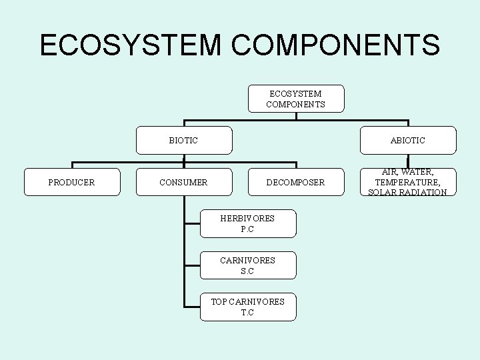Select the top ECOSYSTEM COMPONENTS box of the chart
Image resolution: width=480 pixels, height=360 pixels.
(x=296, y=99)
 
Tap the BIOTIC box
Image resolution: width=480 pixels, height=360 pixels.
(x=184, y=140)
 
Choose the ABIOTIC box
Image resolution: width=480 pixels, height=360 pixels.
(x=408, y=140)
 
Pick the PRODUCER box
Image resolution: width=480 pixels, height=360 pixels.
(x=72, y=182)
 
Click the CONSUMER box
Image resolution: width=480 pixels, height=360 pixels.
(x=184, y=182)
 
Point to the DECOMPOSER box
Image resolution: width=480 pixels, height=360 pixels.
(x=296, y=182)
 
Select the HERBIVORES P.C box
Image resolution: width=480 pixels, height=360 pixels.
(x=248, y=223)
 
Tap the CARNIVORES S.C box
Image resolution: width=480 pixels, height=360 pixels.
(x=248, y=265)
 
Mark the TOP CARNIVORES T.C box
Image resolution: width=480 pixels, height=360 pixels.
(x=248, y=307)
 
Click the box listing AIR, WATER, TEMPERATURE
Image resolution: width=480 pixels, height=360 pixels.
(x=408, y=182)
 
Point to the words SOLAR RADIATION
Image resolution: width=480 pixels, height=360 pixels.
(x=408, y=193)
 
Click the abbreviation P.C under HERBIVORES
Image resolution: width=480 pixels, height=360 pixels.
(x=248, y=229)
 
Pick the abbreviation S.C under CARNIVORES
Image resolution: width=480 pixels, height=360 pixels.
(x=248, y=271)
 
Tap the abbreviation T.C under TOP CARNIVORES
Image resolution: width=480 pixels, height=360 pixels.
(x=248, y=313)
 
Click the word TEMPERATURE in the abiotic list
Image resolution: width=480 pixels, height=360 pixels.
(x=408, y=182)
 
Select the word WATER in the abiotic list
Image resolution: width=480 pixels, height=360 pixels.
(x=418, y=172)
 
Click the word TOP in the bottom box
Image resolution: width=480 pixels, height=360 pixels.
(x=219, y=301)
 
